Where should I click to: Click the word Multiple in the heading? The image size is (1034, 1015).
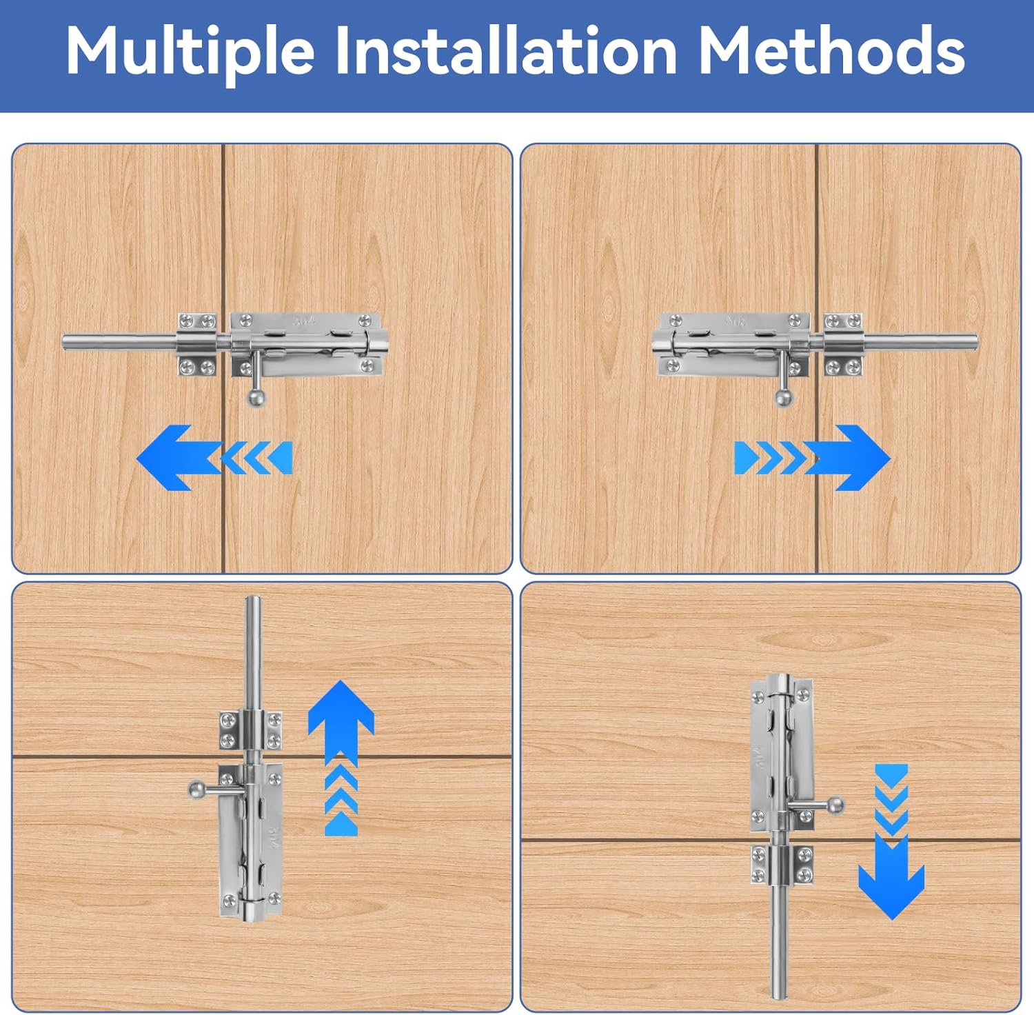(190, 52)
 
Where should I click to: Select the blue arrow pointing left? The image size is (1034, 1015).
(214, 458)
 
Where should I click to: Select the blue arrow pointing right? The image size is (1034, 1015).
(813, 458)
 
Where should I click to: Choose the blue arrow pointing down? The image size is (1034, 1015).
(891, 842)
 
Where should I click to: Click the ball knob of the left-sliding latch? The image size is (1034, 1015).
(256, 398)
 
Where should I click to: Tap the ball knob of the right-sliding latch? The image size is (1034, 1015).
(784, 398)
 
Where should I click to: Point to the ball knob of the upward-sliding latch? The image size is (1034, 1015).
(196, 788)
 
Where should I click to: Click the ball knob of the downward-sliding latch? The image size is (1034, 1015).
(836, 805)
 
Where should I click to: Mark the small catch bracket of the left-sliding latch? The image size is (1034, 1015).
(199, 344)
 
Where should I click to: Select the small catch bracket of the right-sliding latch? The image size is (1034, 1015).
(843, 344)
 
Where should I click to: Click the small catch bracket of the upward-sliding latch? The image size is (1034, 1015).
(251, 730)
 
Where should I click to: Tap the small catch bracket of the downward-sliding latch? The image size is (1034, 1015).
(782, 864)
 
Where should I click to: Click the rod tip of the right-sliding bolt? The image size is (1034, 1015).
(974, 342)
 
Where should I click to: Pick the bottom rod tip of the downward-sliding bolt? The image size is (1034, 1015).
(779, 994)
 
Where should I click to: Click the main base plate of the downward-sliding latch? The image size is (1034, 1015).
(782, 753)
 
